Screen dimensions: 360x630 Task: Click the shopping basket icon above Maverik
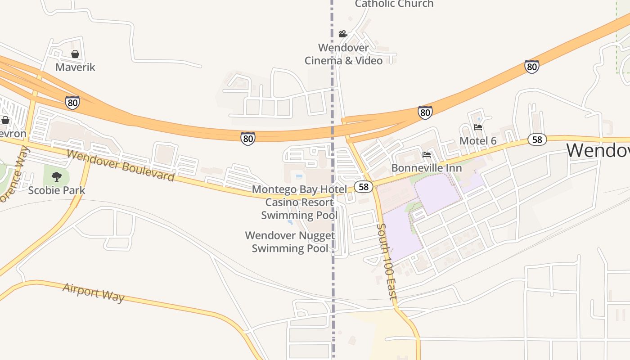coord(75,54)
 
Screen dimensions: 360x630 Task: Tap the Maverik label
coord(75,67)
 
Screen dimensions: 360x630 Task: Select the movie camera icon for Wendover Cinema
coord(343,34)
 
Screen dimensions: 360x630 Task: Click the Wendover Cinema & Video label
coord(343,54)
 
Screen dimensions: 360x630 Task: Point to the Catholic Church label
coord(394,4)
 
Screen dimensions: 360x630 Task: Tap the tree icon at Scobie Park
coord(56,176)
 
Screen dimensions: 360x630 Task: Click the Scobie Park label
coord(56,190)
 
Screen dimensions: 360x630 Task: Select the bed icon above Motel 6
coord(478,127)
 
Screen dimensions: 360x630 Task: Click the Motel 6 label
coord(478,141)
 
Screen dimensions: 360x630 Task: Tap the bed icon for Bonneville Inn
coord(427,155)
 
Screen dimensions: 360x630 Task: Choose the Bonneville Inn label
coord(427,168)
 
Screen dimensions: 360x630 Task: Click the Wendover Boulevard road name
coord(120,166)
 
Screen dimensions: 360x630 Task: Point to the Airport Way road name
coord(94,292)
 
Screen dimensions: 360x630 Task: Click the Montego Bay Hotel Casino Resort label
coord(300,202)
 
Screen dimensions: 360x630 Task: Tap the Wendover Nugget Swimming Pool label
coord(290,242)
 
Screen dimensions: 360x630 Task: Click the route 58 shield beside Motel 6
coord(537,139)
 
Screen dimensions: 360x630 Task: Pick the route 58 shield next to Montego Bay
coord(363,187)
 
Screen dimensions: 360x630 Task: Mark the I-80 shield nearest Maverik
coord(72,103)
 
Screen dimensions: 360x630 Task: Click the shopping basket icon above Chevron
coord(5,120)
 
